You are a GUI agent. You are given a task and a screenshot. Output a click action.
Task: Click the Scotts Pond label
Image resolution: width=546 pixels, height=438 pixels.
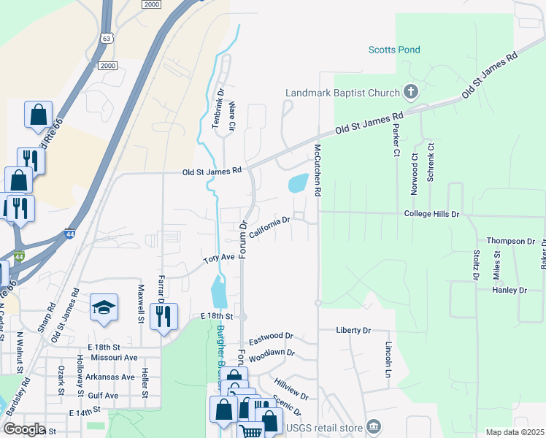pos(393,50)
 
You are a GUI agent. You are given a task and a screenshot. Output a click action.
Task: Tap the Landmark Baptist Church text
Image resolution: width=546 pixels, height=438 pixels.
pos(342,93)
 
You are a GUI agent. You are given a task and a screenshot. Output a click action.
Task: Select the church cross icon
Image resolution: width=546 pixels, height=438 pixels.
pos(411,92)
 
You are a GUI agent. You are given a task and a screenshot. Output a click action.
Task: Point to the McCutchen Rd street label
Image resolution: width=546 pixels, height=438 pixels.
pos(318,169)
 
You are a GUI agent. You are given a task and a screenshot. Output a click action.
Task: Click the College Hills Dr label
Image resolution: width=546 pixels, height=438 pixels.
pos(431,214)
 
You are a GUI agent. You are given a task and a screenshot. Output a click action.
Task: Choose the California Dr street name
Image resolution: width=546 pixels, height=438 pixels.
pos(270,226)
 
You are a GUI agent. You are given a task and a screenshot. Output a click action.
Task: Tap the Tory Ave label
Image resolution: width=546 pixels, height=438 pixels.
pos(218,258)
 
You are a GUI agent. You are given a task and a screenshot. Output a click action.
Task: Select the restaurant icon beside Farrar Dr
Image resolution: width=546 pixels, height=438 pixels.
pos(163,316)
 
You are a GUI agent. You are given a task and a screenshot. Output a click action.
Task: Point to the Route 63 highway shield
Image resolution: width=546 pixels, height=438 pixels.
pos(107,39)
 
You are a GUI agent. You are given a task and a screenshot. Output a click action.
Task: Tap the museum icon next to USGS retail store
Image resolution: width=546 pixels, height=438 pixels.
pos(373,426)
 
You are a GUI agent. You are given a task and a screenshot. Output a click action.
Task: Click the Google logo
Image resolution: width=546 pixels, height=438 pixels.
pos(24,429)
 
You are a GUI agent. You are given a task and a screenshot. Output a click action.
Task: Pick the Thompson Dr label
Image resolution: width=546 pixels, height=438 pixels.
pos(511,241)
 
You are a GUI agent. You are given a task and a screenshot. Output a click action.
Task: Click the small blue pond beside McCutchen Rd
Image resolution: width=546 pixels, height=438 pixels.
pos(299,182)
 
